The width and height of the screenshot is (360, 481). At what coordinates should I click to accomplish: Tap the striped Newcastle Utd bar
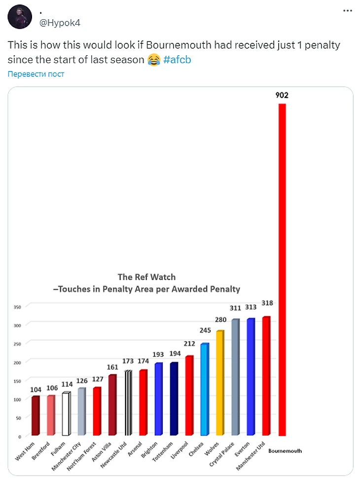pyautogui.click(x=128, y=403)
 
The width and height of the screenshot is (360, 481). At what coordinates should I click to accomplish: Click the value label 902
pyautogui.click(x=282, y=96)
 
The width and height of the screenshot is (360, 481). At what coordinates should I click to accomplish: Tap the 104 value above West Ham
pyautogui.click(x=36, y=389)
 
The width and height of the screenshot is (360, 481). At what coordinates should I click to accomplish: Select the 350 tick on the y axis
pyautogui.click(x=17, y=307)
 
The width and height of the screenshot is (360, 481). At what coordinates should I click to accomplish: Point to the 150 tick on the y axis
pyautogui.click(x=17, y=381)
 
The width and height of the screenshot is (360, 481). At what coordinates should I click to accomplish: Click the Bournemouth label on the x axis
pyautogui.click(x=285, y=450)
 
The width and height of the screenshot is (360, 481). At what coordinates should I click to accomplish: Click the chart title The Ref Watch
pyautogui.click(x=146, y=277)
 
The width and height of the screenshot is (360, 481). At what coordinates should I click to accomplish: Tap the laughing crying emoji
pyautogui.click(x=154, y=60)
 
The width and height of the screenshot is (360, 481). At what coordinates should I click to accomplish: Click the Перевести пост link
pyautogui.click(x=36, y=74)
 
